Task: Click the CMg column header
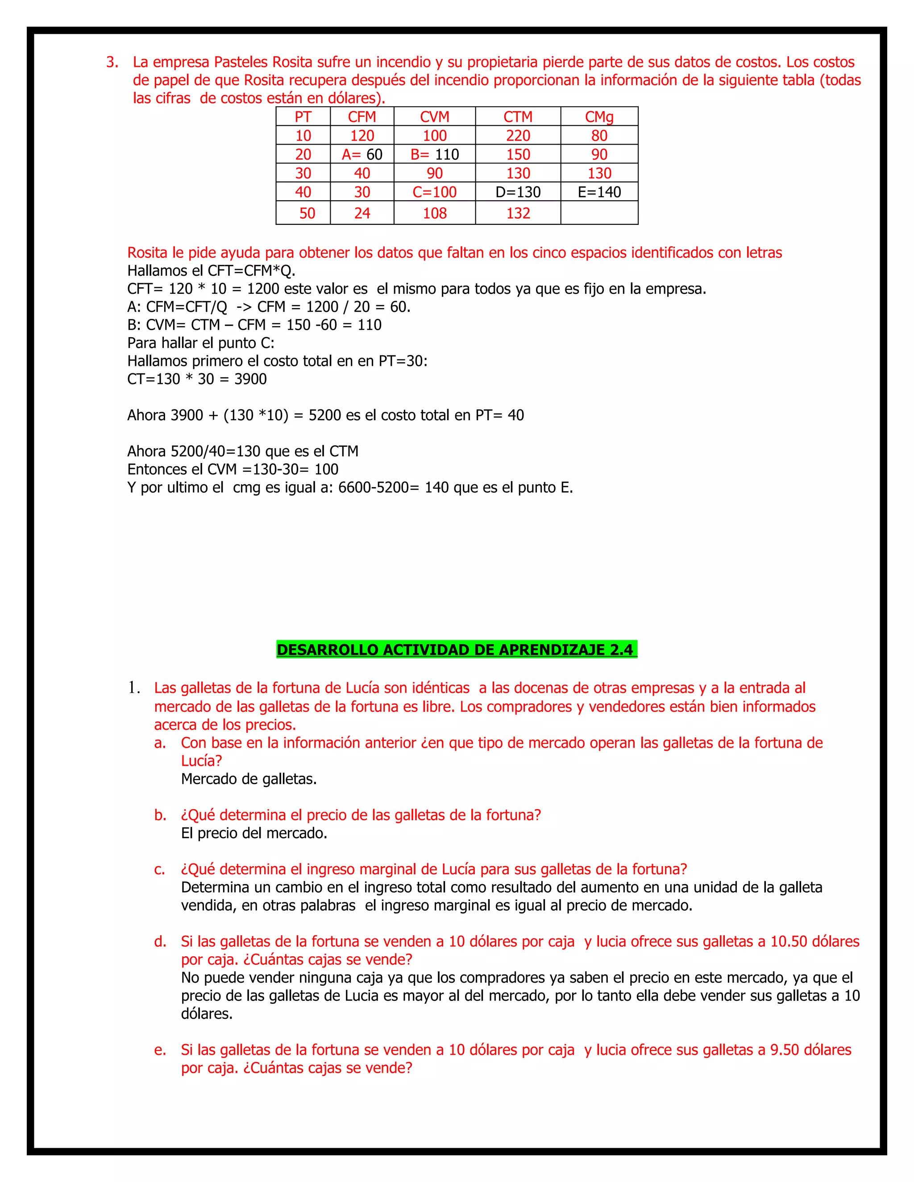(x=599, y=117)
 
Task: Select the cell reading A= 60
(x=361, y=155)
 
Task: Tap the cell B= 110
(x=434, y=155)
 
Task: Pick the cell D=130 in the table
(x=518, y=192)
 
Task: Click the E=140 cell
(x=599, y=192)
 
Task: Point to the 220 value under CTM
(x=518, y=136)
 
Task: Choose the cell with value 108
(x=434, y=213)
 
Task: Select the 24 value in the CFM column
(x=361, y=213)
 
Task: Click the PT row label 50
(x=307, y=213)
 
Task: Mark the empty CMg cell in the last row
(x=599, y=213)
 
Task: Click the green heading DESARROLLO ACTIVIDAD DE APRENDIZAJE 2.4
(x=456, y=649)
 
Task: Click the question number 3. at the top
(x=112, y=62)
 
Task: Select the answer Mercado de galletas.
(x=249, y=779)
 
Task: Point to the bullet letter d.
(x=160, y=941)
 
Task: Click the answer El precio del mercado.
(x=254, y=833)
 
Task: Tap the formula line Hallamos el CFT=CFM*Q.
(x=211, y=271)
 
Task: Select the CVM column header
(x=434, y=117)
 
